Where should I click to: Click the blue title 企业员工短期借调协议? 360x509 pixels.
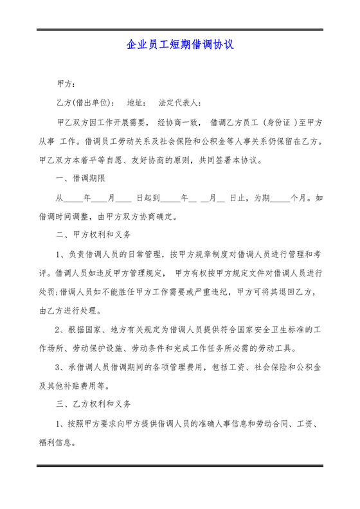179,46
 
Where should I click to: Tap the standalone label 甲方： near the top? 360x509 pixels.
67,84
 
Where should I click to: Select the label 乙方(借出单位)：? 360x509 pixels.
87,103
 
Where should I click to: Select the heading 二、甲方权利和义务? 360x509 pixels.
93,235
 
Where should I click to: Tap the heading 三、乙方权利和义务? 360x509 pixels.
93,405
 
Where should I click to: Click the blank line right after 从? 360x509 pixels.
75,198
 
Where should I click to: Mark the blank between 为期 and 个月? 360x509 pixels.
280,198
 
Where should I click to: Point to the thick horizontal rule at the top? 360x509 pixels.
179,30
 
